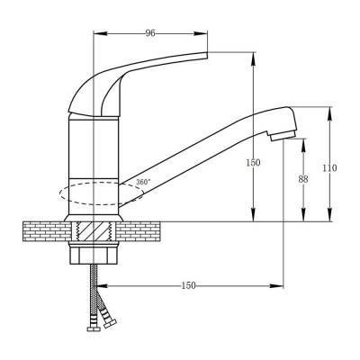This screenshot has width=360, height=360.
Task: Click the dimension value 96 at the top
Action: [x=150, y=33]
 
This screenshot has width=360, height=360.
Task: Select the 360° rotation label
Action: [x=143, y=182]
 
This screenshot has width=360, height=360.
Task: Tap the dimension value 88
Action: [x=303, y=179]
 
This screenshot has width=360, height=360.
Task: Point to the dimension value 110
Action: [x=329, y=168]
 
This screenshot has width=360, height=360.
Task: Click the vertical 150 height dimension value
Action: [x=253, y=163]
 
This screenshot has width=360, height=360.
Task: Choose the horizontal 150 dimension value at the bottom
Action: [x=188, y=285]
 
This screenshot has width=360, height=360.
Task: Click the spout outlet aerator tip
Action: [x=283, y=137]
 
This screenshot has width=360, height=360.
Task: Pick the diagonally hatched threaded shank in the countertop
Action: [x=94, y=230]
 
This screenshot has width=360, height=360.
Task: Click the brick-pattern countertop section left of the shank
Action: [x=48, y=231]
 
